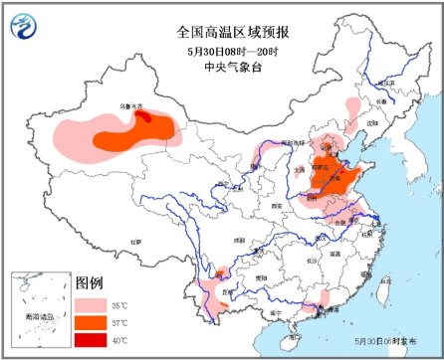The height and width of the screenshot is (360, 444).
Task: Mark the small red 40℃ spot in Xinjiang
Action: click(x=144, y=116)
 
